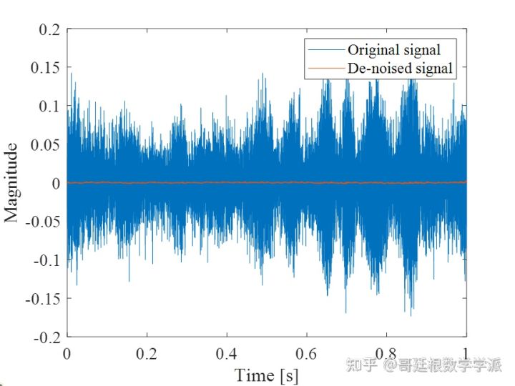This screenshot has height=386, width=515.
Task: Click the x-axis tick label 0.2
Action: click(147, 353)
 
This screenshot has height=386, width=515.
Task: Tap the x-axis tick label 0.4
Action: click(227, 353)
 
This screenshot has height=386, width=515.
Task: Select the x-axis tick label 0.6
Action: click(307, 353)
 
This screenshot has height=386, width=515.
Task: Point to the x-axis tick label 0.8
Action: click(386, 353)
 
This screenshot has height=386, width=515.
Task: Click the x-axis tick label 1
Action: click(466, 353)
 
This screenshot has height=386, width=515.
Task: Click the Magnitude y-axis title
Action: click(12, 183)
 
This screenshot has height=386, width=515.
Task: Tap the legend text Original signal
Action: click(393, 50)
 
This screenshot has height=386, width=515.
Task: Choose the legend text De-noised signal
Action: click(400, 69)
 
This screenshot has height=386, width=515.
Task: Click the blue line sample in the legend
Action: click(325, 50)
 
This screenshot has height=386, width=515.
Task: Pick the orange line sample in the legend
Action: click(325, 69)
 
